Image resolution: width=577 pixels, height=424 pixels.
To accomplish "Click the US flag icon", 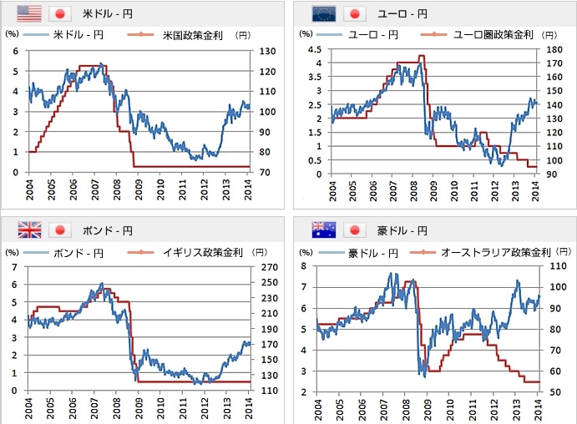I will coord(29,13).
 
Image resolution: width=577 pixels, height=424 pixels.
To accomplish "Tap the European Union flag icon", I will coord(323,13).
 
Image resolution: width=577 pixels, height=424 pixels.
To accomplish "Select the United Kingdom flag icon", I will coord(29,230).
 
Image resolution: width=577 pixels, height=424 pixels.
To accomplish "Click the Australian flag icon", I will coord(323,230).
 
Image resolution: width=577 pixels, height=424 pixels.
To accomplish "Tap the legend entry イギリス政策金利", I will coord(204,252).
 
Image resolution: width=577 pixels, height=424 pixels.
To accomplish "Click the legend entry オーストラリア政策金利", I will coord(499,252).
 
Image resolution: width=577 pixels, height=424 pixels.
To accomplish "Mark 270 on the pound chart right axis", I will coord(268,268).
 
